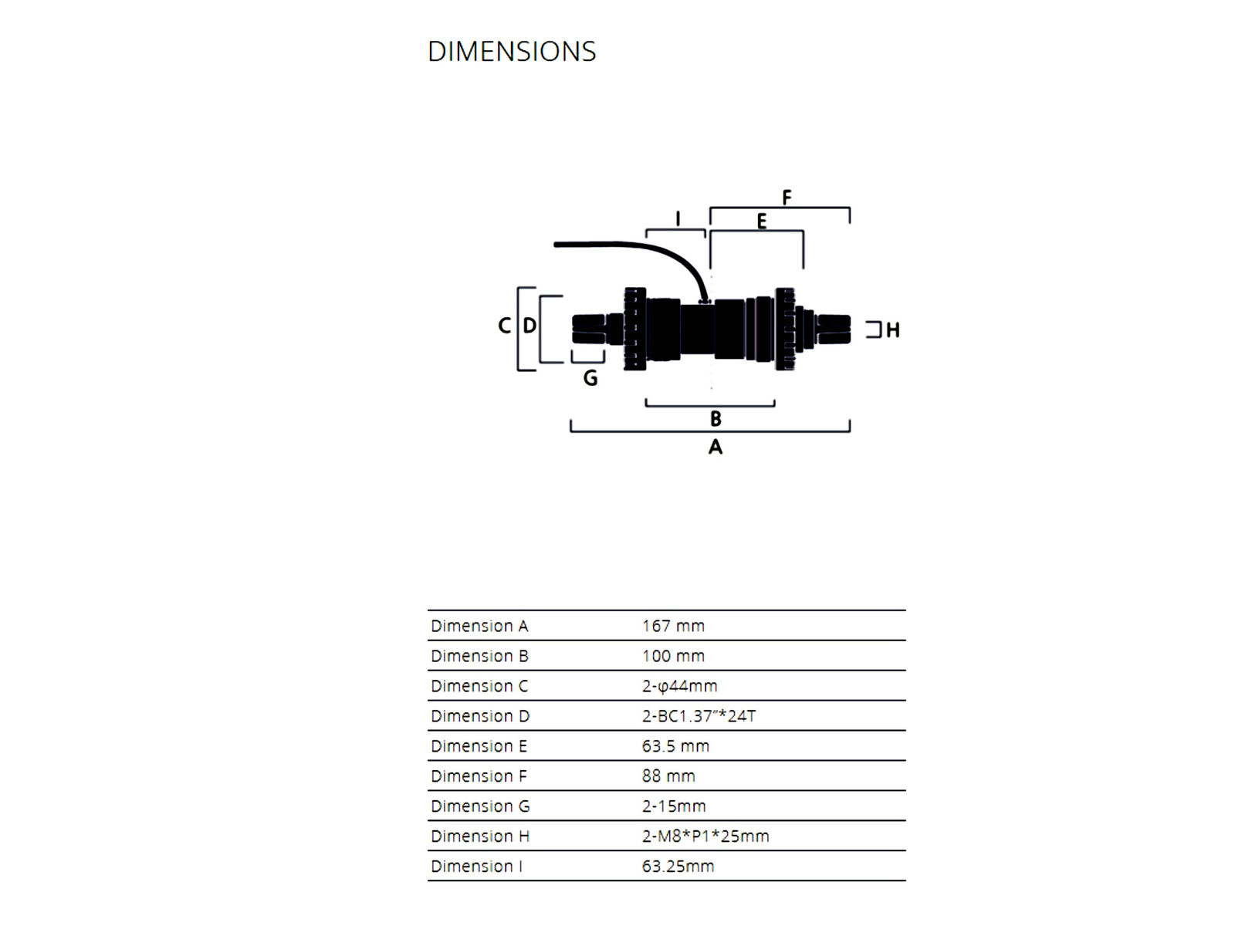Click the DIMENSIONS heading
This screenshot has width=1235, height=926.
point(512,52)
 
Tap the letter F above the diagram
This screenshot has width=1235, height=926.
point(787,198)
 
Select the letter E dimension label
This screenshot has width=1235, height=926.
point(762,222)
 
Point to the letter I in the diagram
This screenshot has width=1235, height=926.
point(678,219)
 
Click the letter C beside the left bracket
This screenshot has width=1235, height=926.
point(504,326)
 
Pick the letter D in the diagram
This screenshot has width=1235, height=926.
point(530,326)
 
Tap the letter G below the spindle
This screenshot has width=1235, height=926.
point(590,378)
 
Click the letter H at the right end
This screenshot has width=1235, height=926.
point(893,330)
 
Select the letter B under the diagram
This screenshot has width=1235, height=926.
point(716,419)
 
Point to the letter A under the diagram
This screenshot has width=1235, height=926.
point(716,447)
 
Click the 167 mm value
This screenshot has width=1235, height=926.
point(673,626)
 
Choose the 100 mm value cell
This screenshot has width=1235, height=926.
point(673,656)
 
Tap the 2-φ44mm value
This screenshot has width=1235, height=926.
point(679,686)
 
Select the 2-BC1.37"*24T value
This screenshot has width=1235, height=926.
point(699,716)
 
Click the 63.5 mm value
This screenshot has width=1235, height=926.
point(675,746)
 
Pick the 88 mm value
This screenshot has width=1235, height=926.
point(668,776)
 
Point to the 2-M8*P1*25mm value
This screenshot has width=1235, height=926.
point(705,836)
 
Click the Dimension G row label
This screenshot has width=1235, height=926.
point(480,806)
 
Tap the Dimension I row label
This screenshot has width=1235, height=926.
point(476,867)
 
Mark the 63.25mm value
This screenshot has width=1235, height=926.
point(678,867)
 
